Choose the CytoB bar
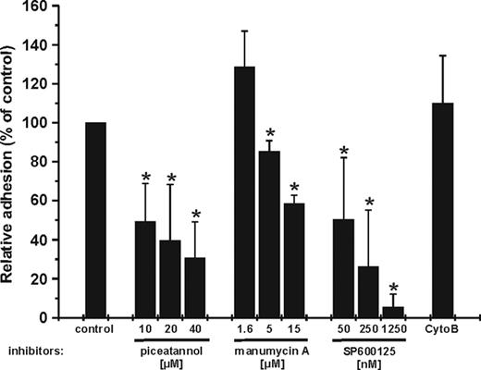447,210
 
